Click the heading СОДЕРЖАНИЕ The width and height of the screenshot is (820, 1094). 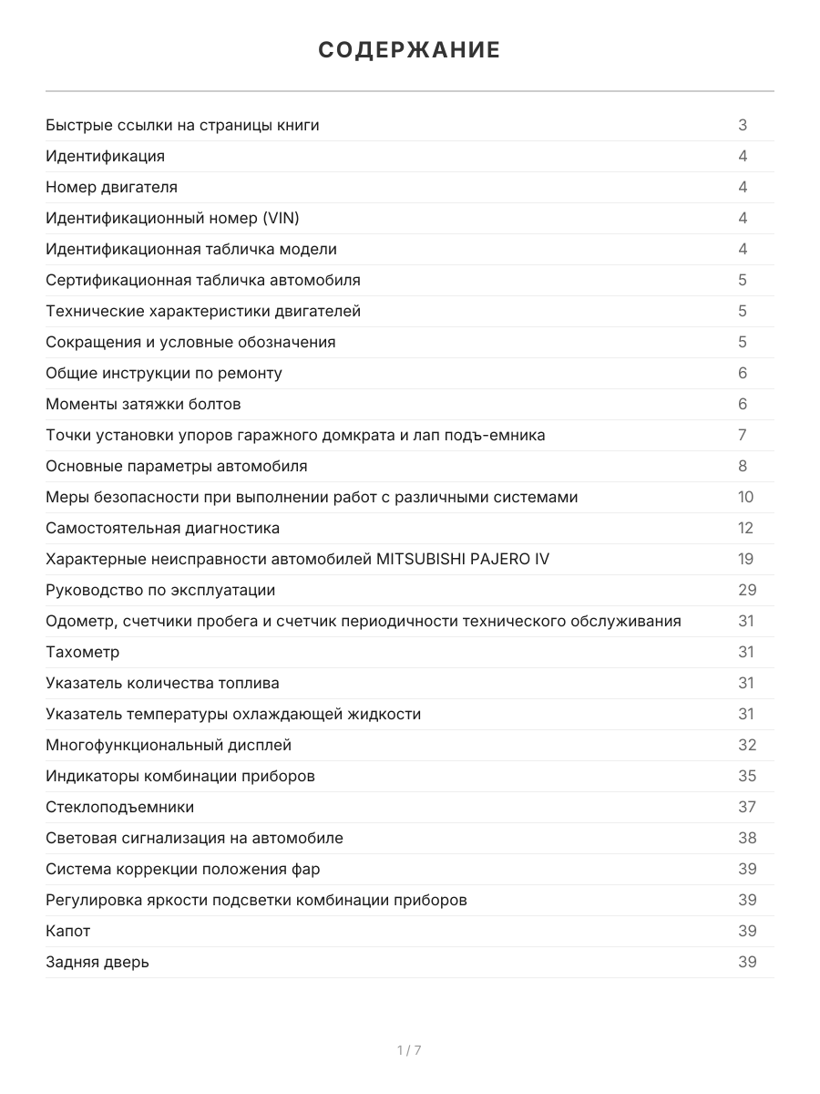pos(409,50)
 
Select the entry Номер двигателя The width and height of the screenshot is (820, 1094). pos(111,187)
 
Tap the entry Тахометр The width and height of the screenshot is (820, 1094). pos(82,652)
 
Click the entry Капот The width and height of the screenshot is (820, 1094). pos(67,931)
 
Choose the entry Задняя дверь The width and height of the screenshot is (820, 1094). pos(97,962)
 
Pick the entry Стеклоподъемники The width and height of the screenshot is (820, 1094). pos(119,807)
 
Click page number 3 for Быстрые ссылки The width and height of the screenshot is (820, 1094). pos(743,125)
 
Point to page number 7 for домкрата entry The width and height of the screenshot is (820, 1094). pos(743,435)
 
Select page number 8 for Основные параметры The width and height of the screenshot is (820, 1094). pos(743,466)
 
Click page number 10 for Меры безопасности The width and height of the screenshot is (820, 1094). pos(746,497)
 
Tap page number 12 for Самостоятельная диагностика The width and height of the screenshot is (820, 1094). pos(746,528)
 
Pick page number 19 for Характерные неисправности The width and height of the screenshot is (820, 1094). pos(746,559)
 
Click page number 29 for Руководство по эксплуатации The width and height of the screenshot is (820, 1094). pos(747,590)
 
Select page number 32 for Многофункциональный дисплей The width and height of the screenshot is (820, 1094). pos(747,745)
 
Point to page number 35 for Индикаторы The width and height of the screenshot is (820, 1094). pos(747,776)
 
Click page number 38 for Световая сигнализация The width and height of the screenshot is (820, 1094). pos(747,838)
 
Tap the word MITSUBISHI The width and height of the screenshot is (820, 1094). pos(419,559)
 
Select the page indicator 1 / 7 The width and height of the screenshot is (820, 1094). pos(409,1050)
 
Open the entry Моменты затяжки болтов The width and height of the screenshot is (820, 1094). pos(143,404)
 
